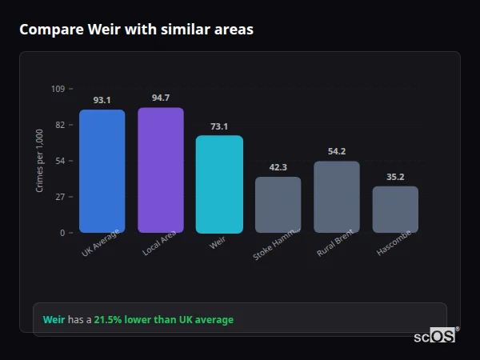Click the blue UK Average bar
click(x=102, y=171)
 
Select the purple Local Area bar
click(x=160, y=170)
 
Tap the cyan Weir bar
click(x=219, y=184)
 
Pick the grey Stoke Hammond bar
click(x=278, y=205)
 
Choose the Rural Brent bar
click(x=337, y=197)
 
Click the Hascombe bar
click(x=395, y=210)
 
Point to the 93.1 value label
click(x=102, y=100)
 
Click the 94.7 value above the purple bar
click(x=160, y=98)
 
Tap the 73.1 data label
click(x=219, y=126)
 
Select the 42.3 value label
click(x=278, y=167)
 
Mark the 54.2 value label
click(x=337, y=151)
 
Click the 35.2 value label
click(x=395, y=177)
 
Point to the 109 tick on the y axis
click(x=58, y=89)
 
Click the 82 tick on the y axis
click(x=60, y=125)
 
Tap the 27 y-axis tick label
click(x=60, y=197)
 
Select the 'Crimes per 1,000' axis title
click(x=39, y=161)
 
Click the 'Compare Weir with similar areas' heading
click(x=136, y=30)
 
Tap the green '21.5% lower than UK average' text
click(x=164, y=320)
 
